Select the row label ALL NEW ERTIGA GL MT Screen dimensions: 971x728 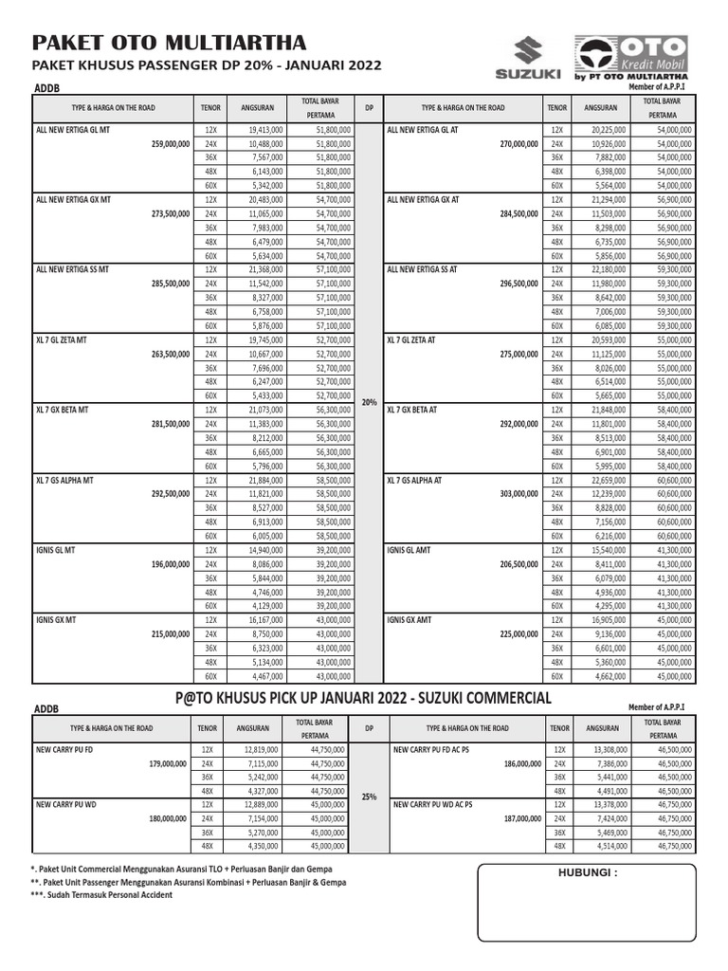(x=74, y=130)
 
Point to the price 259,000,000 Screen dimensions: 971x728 (x=170, y=144)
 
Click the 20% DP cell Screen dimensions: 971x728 (x=369, y=402)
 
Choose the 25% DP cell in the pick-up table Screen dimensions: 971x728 (x=369, y=797)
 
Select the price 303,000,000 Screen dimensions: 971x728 (x=520, y=494)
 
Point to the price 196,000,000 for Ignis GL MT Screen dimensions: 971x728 (x=170, y=564)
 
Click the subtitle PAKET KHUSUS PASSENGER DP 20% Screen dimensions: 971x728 (x=207, y=66)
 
